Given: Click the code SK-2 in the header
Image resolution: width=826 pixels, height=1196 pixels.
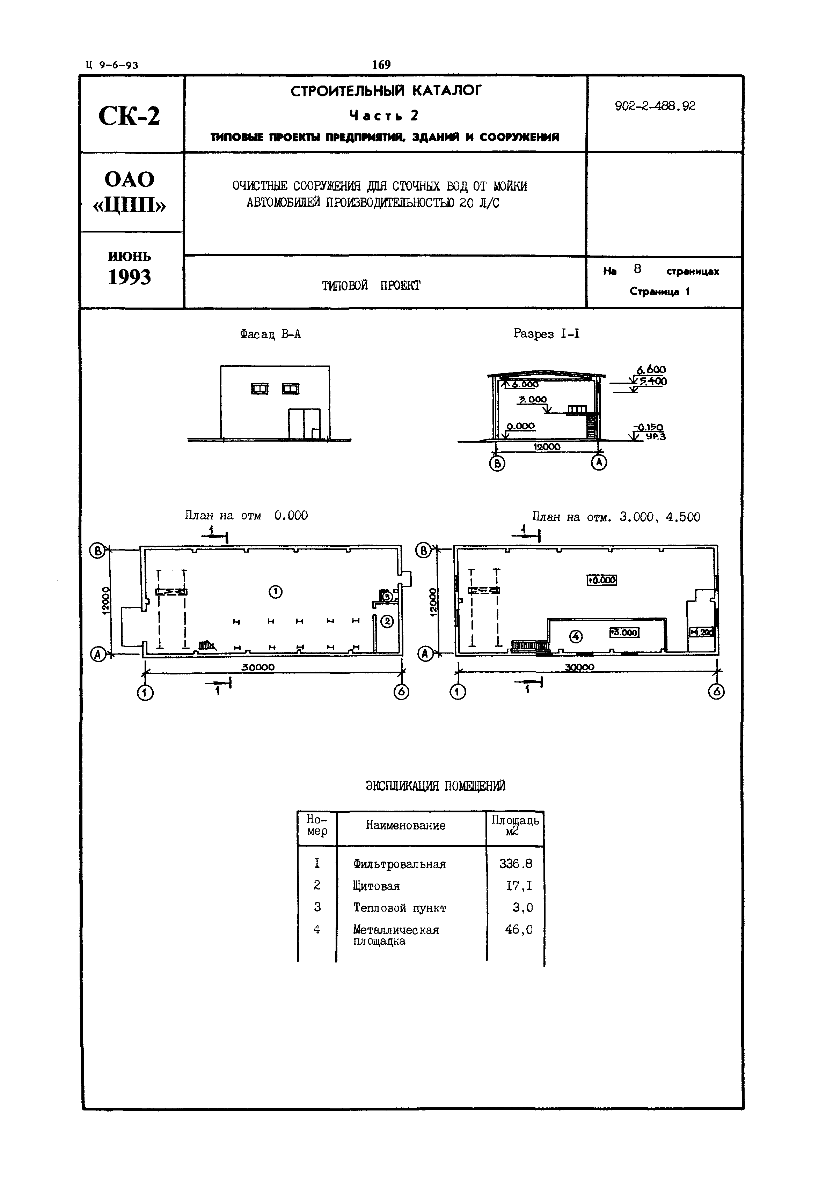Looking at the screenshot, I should pyautogui.click(x=129, y=116).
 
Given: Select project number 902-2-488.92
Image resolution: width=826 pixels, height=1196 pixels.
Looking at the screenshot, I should pyautogui.click(x=655, y=106).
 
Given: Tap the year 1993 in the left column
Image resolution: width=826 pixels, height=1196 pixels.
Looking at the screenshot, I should pyautogui.click(x=129, y=277).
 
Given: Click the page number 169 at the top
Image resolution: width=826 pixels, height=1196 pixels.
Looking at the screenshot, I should pyautogui.click(x=381, y=65).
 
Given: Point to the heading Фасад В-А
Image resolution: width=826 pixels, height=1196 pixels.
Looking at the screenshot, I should pyautogui.click(x=270, y=334).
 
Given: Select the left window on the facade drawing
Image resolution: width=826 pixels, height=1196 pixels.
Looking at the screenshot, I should pyautogui.click(x=260, y=389).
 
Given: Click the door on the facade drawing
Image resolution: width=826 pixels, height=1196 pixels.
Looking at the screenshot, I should pyautogui.click(x=304, y=424).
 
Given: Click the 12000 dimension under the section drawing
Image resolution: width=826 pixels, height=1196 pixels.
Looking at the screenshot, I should pyautogui.click(x=547, y=446).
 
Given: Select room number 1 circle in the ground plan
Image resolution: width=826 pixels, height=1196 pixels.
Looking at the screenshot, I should pyautogui.click(x=275, y=591).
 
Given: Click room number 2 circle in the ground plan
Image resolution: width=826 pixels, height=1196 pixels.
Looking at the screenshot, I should pyautogui.click(x=388, y=621).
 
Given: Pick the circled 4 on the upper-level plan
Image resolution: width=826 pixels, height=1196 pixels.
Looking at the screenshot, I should pyautogui.click(x=576, y=636).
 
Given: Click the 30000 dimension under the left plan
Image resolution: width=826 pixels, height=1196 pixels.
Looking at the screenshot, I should pyautogui.click(x=258, y=667).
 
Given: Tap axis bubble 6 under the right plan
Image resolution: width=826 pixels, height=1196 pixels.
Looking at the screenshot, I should pyautogui.click(x=716, y=692).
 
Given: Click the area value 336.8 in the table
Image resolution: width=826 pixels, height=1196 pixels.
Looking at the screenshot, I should pyautogui.click(x=516, y=864).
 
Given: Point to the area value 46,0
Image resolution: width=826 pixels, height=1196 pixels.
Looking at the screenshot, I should pyautogui.click(x=519, y=930).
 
